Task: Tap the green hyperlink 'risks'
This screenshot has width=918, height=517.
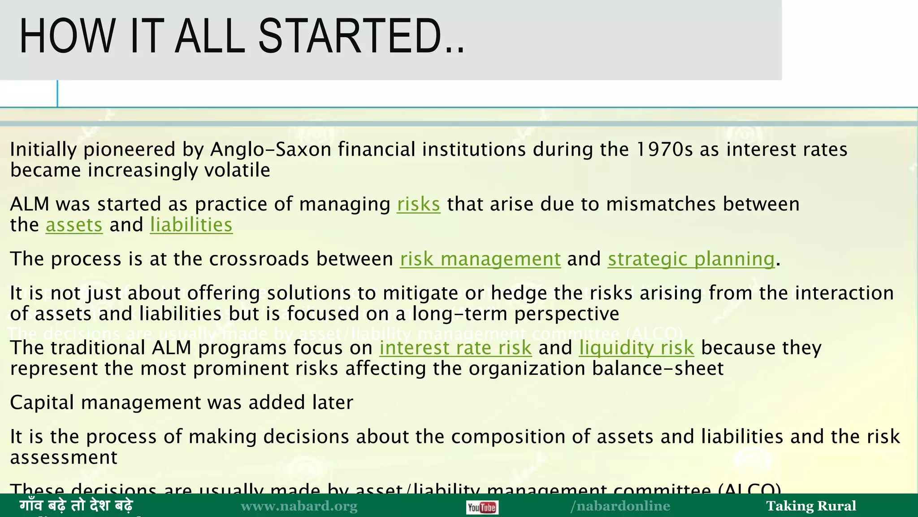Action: [x=418, y=204]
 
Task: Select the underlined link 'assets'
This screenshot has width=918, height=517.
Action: [x=74, y=225]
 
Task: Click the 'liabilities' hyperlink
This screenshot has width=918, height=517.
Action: [x=191, y=225]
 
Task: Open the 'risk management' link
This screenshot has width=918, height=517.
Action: [x=480, y=259]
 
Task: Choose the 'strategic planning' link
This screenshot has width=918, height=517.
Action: [x=691, y=259]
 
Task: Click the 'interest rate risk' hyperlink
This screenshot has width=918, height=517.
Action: [x=455, y=348]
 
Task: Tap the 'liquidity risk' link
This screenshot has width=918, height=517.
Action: [x=637, y=348]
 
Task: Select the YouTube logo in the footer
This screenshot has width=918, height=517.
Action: [x=482, y=508]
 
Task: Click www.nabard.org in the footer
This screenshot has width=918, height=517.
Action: [x=299, y=506]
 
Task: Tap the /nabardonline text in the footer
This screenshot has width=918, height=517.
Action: [x=620, y=506]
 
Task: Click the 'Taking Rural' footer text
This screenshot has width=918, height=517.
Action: [x=811, y=506]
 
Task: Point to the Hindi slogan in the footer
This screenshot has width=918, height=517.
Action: [x=76, y=506]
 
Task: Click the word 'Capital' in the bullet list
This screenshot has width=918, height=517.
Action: [x=42, y=403]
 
